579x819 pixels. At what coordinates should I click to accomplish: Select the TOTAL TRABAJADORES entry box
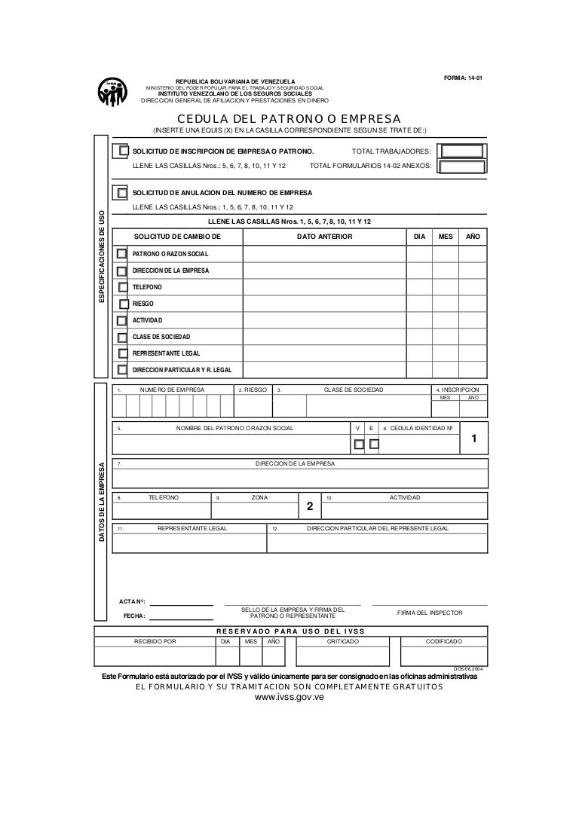461,151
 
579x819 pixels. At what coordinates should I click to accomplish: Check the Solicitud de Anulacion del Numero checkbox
120,192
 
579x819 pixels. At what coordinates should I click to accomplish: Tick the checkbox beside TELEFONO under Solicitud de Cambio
124,287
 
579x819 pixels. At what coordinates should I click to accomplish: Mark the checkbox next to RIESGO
124,304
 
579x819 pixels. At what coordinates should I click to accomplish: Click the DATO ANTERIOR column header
324,237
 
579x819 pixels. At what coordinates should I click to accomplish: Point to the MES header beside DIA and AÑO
446,237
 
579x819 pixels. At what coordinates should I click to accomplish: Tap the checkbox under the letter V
359,444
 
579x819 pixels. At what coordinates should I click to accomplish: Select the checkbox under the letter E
374,444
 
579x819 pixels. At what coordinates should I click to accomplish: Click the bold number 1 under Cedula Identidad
473,439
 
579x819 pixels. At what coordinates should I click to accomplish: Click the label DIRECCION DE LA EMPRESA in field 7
296,463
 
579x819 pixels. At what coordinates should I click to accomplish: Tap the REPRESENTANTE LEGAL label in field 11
191,529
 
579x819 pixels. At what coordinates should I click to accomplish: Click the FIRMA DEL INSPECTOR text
430,613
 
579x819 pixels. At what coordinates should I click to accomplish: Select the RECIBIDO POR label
155,641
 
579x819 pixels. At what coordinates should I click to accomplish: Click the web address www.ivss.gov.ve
289,698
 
